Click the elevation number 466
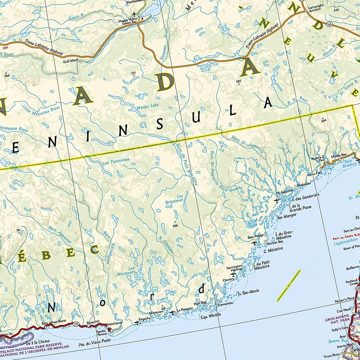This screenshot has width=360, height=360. pos(175,225)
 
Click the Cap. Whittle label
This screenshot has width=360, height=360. pos(211,315)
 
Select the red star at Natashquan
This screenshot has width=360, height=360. pos(109,329)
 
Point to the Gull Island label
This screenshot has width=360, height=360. pos(70,60)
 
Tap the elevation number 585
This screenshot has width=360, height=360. pos(238,82)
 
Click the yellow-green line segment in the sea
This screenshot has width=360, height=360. pos(288,285)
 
